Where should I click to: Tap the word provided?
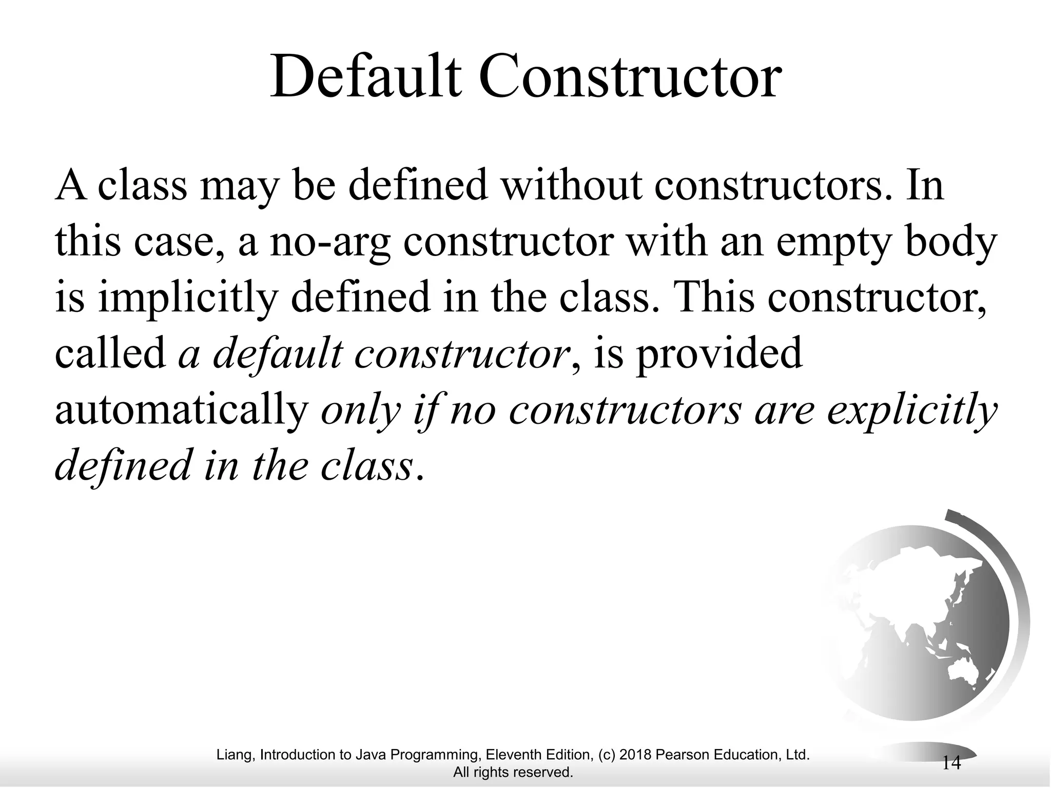[x=718, y=354]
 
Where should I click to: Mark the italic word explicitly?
[x=911, y=410]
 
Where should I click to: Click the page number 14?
[x=951, y=763]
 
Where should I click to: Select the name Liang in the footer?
[x=235, y=755]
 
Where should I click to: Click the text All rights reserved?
[x=513, y=772]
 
